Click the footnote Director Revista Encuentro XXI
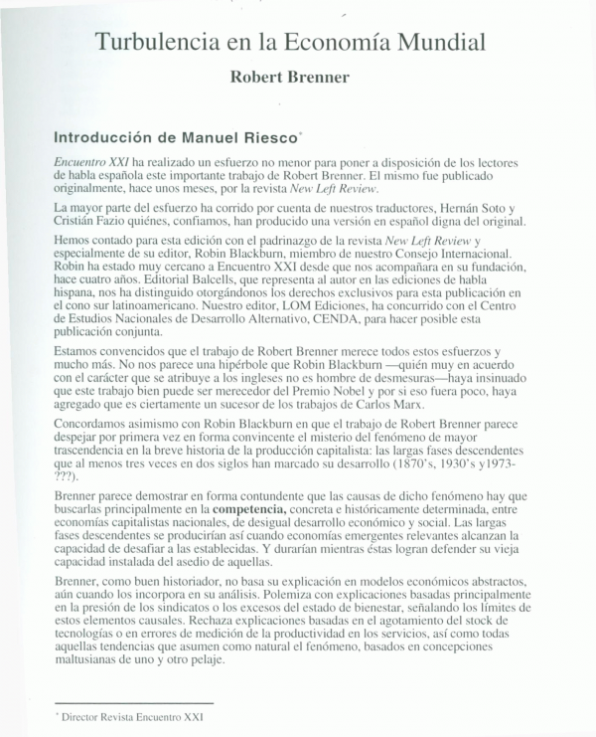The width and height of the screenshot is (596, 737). coord(132,715)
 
